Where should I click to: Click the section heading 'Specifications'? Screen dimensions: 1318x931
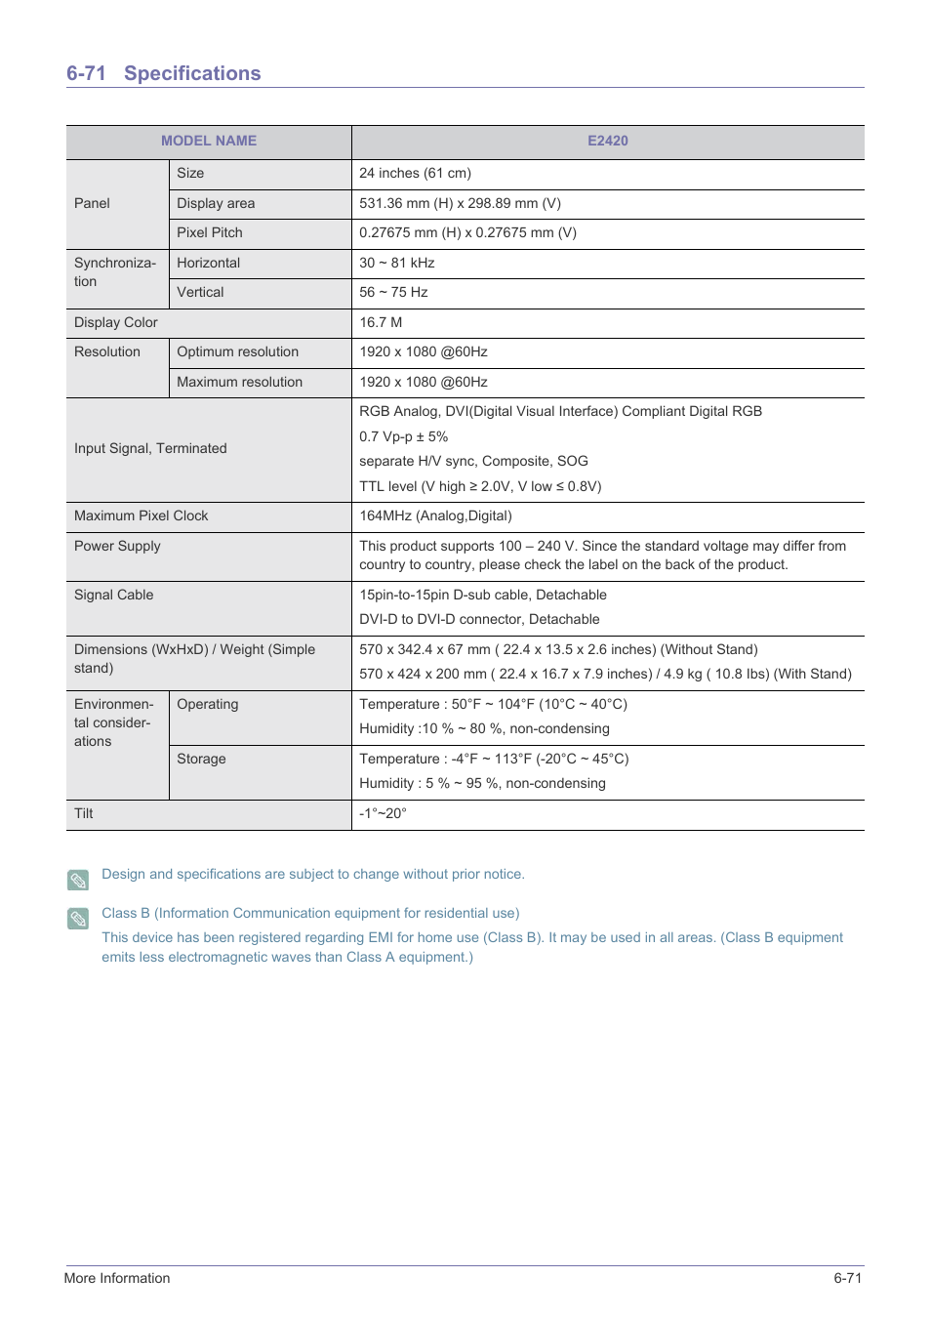(191, 73)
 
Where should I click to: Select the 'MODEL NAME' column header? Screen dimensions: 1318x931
(209, 141)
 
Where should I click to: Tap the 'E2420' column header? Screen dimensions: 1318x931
(607, 141)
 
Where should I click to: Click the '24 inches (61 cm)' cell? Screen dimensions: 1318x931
(415, 173)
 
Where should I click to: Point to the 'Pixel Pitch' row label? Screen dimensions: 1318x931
(209, 232)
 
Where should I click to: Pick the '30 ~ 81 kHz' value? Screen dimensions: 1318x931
(396, 263)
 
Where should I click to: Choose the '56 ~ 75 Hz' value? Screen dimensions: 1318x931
(393, 292)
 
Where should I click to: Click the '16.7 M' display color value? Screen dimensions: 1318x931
(381, 322)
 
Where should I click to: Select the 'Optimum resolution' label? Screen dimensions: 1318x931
(237, 351)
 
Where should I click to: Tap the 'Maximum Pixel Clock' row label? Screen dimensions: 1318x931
(141, 515)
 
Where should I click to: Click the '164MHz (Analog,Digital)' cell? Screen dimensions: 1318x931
(435, 515)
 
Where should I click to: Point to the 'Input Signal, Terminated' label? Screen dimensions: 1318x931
(150, 448)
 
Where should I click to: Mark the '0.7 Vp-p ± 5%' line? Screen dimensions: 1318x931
(403, 436)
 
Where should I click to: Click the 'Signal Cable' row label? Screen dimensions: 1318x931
(113, 595)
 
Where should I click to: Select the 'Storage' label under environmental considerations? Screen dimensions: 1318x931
(201, 759)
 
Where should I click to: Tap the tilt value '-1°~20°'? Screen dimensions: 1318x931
(383, 813)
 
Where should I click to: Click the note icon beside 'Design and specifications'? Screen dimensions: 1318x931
(78, 880)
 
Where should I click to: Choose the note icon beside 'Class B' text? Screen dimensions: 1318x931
(78, 918)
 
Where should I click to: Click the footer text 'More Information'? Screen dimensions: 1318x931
(117, 1278)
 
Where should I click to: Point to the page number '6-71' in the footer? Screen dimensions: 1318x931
(847, 1278)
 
